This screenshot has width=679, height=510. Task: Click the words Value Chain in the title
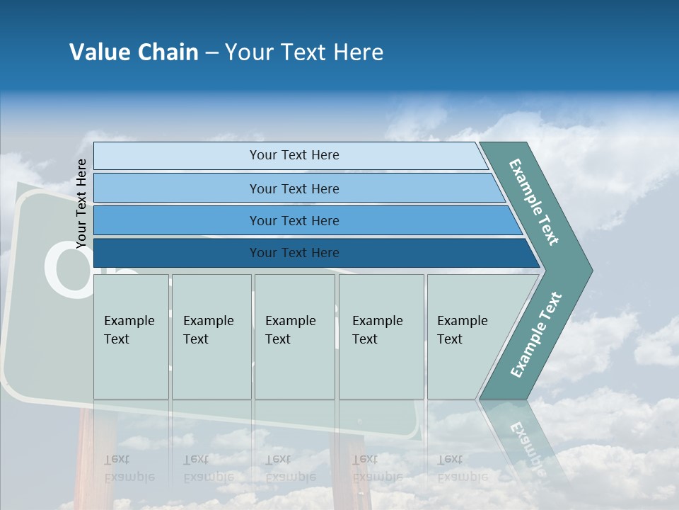click(x=134, y=52)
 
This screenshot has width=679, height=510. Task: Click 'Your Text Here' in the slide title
click(x=304, y=52)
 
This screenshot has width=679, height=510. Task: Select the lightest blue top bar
click(x=294, y=155)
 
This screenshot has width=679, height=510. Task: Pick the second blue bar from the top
click(x=294, y=188)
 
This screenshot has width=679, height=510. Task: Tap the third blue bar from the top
click(x=294, y=220)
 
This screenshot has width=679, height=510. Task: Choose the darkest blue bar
click(x=294, y=253)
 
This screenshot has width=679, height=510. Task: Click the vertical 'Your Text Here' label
click(x=81, y=203)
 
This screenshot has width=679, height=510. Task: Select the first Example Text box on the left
click(x=131, y=336)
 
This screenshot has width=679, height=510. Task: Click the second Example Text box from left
click(x=211, y=336)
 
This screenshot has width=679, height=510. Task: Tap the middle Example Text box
click(x=294, y=336)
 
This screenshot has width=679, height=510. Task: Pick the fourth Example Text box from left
click(x=381, y=336)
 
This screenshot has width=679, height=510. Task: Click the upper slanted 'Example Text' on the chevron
click(x=534, y=202)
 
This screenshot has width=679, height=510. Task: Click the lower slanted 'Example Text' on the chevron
click(x=535, y=335)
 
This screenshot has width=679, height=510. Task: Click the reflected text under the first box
click(x=129, y=468)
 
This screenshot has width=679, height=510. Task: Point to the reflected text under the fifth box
click(x=463, y=468)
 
